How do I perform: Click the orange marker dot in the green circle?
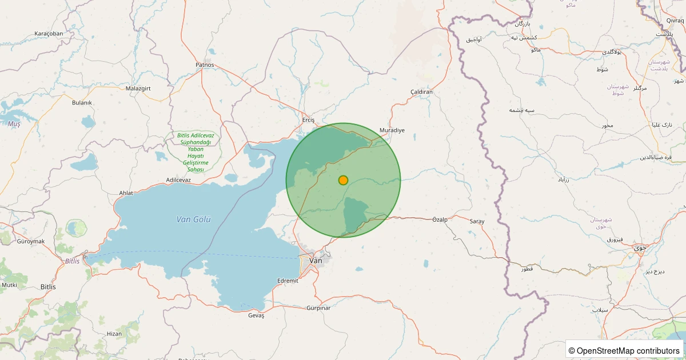(343, 180)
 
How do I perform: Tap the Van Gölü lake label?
(194, 219)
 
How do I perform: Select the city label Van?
(316, 261)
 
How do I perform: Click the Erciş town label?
(309, 120)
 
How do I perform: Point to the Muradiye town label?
(392, 130)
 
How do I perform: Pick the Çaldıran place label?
(422, 92)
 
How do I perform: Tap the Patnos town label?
(205, 65)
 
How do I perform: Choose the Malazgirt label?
(138, 89)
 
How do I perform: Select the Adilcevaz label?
(178, 180)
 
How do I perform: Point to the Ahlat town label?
(126, 193)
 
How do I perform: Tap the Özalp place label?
(440, 219)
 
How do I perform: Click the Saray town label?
(477, 221)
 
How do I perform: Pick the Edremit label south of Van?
(287, 281)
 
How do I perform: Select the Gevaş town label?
(256, 315)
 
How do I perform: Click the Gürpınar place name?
(318, 308)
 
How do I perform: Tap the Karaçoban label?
(49, 33)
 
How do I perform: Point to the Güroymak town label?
(31, 241)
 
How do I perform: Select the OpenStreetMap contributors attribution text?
(624, 350)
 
